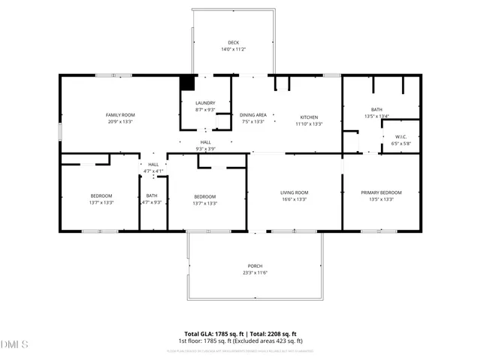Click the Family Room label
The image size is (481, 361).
(120, 114)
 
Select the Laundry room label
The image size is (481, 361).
(205, 103)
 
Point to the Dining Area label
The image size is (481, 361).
(253, 114)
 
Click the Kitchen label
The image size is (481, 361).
(310, 117)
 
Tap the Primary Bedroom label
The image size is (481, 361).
(377, 193)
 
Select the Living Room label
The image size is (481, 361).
(295, 193)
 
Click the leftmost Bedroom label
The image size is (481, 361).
(101, 196)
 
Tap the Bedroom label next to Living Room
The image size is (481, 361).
(204, 196)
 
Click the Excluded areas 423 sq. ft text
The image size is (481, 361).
(271, 341)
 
